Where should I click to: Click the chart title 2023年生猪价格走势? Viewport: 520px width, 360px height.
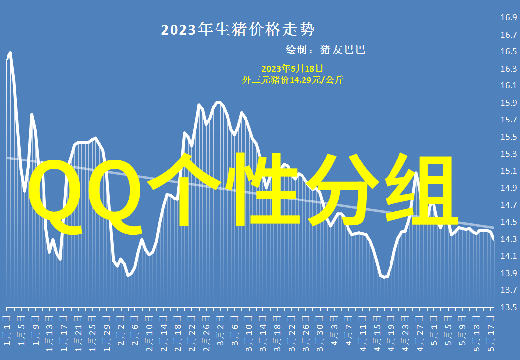tap(237, 30)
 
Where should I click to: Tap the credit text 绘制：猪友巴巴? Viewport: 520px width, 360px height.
tap(325, 50)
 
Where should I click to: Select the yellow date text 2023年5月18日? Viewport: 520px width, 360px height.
tap(292, 69)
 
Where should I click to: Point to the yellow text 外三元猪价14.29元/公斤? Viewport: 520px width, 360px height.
tap(293, 80)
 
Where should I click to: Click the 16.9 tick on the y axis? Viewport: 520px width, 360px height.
tap(509, 17)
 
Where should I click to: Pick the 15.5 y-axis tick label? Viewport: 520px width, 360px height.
tap(509, 136)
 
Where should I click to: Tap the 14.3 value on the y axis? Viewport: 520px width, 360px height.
tap(509, 239)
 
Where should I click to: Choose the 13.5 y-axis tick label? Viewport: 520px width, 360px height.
tap(509, 307)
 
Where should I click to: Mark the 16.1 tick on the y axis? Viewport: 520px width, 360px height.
tap(509, 85)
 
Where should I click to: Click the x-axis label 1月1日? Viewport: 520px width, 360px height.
tap(7, 330)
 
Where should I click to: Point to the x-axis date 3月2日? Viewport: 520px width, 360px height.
tap(220, 330)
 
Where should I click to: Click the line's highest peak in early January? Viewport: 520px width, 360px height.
tap(10, 53)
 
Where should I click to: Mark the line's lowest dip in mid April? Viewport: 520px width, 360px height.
tap(384, 277)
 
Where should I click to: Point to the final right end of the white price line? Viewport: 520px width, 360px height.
tap(494, 240)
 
